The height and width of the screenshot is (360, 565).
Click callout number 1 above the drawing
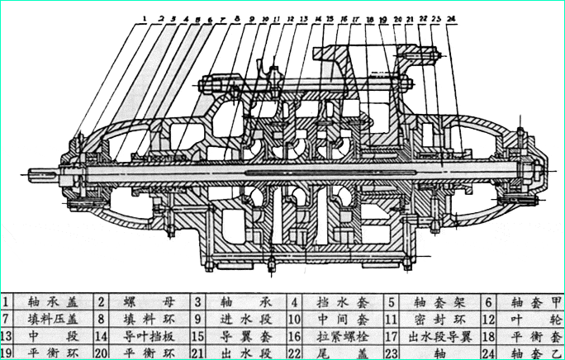pyautogui.click(x=143, y=17)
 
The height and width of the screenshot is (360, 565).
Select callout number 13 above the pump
pyautogui.click(x=304, y=17)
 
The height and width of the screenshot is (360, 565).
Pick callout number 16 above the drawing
pyautogui.click(x=343, y=17)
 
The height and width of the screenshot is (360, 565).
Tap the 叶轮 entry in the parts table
pyautogui.click(x=534, y=319)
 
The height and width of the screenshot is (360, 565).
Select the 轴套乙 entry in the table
pyautogui.click(x=534, y=353)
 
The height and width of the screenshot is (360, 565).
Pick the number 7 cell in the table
pyautogui.click(x=8, y=319)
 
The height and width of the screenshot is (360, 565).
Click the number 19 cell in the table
pyautogui.click(x=8, y=353)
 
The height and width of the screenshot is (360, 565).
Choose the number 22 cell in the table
pyautogui.click(x=295, y=353)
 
